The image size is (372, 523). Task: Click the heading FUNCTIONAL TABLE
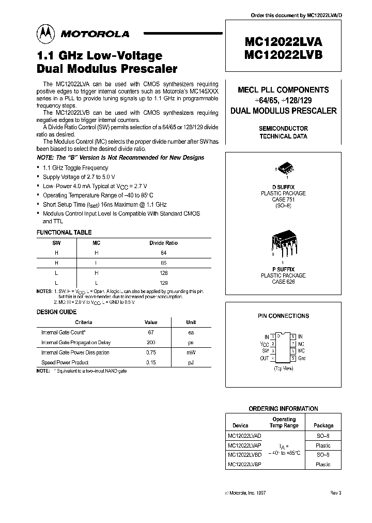64,233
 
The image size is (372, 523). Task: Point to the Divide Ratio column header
163,242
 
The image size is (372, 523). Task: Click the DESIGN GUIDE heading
56,312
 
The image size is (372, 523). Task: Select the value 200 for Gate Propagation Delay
151,342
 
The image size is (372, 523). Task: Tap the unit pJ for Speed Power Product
191,362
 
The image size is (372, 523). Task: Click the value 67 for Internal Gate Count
151,332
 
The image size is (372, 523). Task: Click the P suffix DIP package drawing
283,242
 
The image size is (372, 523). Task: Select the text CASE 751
283,199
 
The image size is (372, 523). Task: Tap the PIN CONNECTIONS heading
283,316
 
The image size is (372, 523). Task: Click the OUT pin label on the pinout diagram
265,358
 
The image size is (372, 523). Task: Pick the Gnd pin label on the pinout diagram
302,358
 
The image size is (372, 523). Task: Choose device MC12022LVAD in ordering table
244,436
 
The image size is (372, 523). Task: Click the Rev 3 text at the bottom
336,493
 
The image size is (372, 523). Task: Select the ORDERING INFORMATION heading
283,408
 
